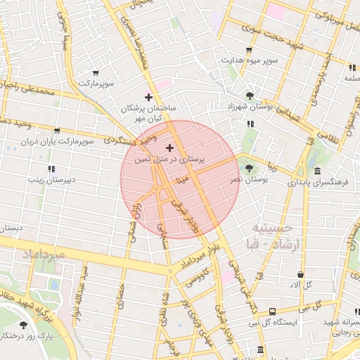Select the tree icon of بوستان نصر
pos(250,167)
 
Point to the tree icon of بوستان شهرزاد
pos(250,96)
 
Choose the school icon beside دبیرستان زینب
pos(51,169)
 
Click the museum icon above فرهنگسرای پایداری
pos(318,171)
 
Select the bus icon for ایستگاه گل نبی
pos(271,311)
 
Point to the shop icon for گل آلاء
pos(301,274)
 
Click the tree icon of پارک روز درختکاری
pos(24,325)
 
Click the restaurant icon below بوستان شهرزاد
pos(250,124)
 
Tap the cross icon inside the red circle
pos(169,148)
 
